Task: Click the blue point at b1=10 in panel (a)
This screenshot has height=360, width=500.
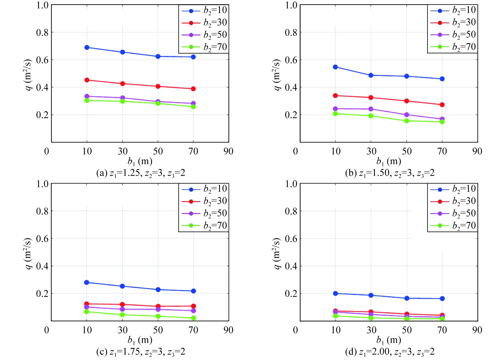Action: (x=87, y=47)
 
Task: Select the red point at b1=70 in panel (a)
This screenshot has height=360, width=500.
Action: (x=193, y=89)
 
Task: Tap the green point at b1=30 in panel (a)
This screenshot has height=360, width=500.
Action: (x=122, y=101)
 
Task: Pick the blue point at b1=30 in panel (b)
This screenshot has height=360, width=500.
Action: (x=371, y=75)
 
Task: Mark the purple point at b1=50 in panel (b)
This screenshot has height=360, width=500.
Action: (x=407, y=115)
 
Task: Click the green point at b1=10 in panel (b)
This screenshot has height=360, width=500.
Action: (x=335, y=114)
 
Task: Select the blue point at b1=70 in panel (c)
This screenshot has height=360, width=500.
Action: (x=193, y=291)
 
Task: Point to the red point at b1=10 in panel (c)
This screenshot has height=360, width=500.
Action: (x=87, y=304)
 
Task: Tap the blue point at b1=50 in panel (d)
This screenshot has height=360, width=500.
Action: (x=407, y=298)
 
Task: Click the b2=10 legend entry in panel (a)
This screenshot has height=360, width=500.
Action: (x=204, y=11)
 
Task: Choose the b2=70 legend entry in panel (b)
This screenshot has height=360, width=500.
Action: (x=453, y=47)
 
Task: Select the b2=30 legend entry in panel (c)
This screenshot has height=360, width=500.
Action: (x=204, y=201)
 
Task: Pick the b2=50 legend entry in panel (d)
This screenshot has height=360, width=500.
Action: (x=453, y=213)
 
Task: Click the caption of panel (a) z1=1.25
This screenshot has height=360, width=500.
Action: (x=140, y=173)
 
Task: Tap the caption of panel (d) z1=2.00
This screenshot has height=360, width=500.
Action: (x=390, y=352)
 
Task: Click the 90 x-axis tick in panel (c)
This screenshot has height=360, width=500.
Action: (x=228, y=330)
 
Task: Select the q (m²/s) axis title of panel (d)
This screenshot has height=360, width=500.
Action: (x=276, y=253)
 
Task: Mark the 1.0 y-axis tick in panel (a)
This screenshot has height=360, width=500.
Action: (x=42, y=5)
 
